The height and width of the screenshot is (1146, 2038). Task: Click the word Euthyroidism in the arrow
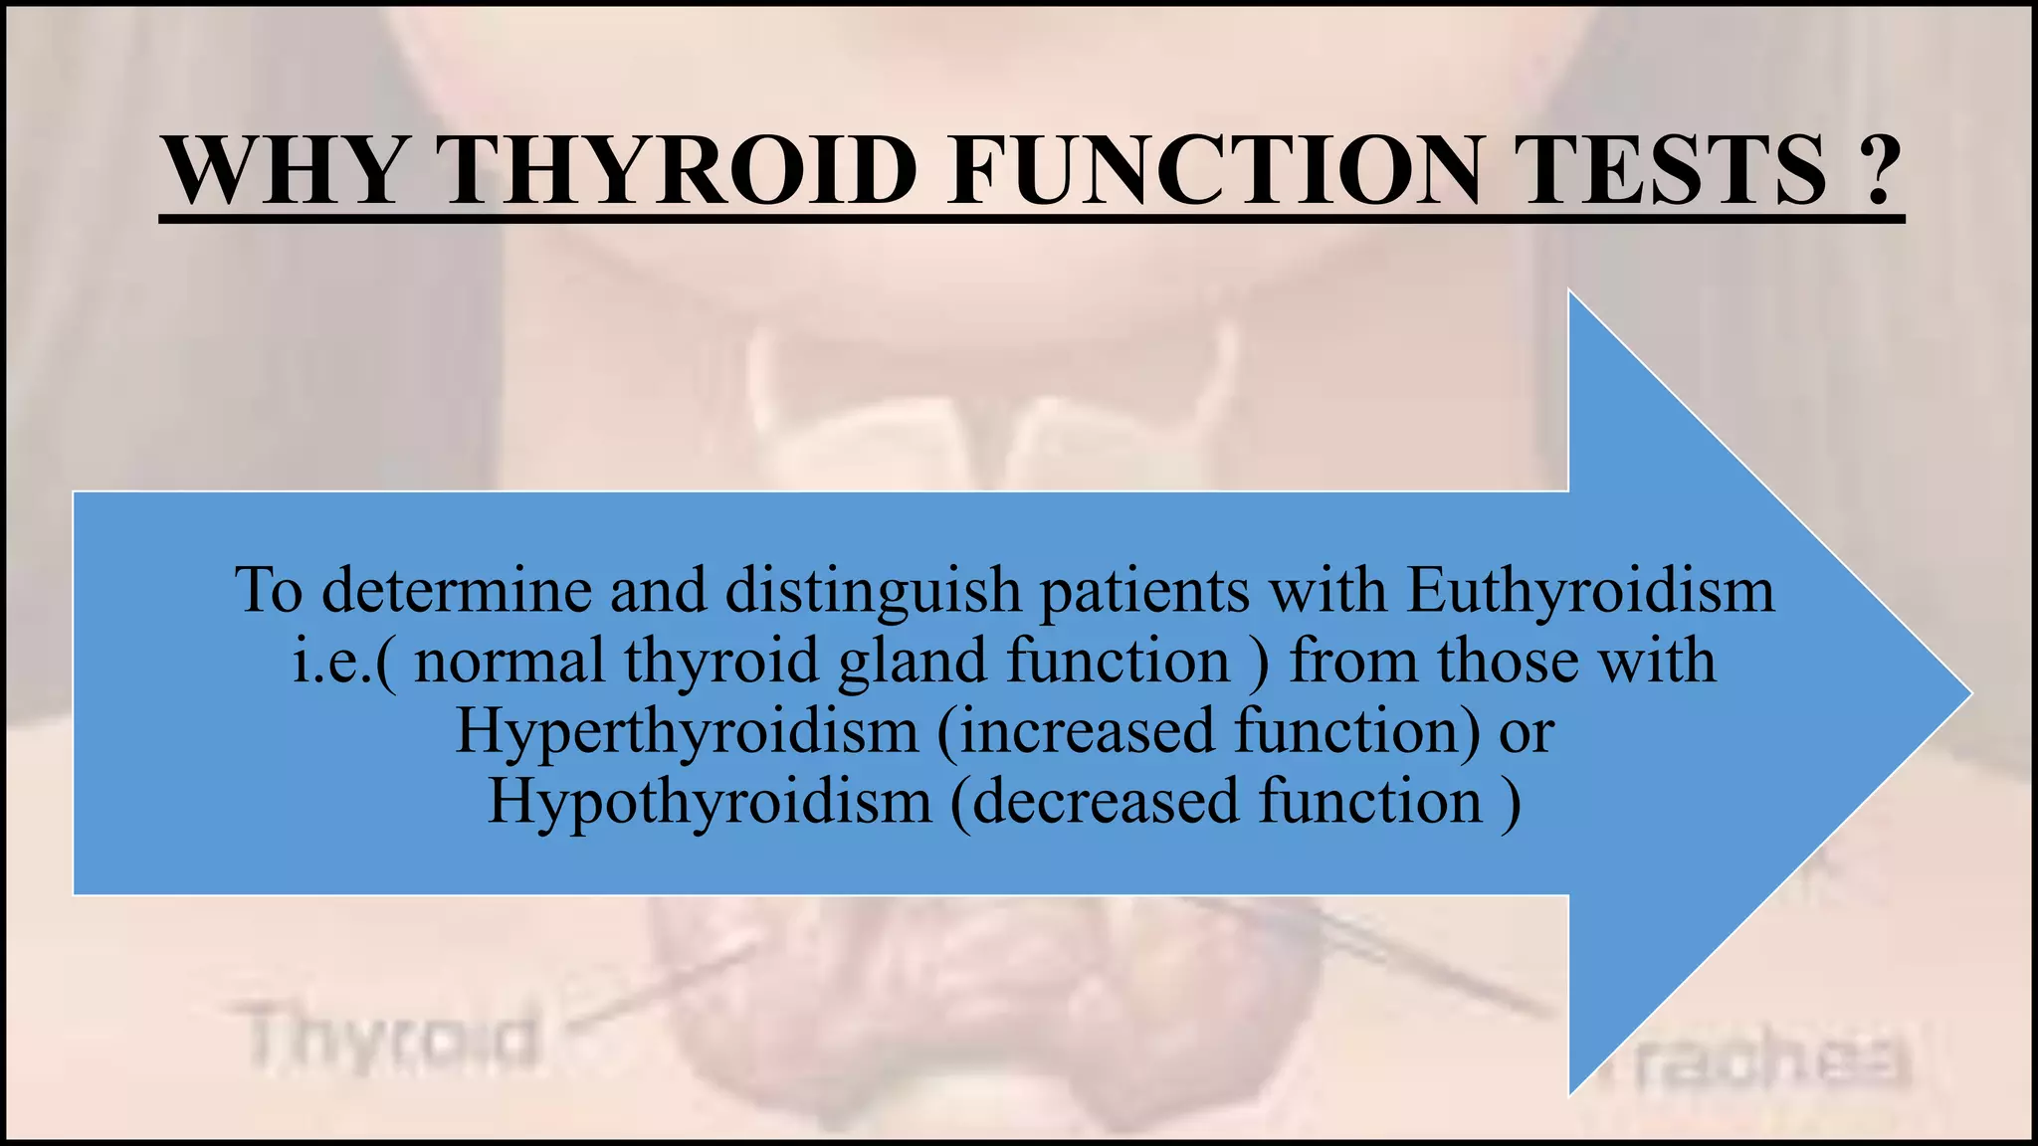click(1590, 591)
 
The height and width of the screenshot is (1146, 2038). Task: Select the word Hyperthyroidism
click(687, 732)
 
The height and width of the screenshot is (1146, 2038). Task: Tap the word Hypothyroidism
click(710, 802)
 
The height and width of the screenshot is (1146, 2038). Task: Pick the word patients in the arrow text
click(1144, 591)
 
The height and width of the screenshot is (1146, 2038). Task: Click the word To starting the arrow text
click(269, 591)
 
